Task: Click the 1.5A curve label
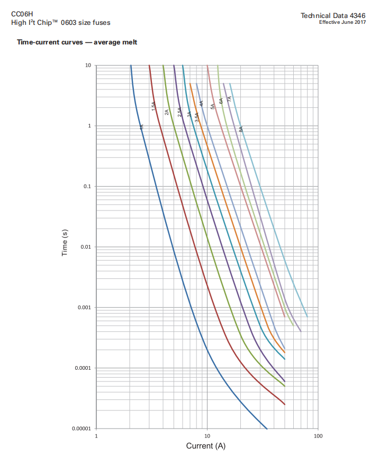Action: point(154,106)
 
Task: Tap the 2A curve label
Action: point(167,112)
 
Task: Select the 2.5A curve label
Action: point(180,112)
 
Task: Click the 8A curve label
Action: point(241,129)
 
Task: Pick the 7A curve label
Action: point(229,99)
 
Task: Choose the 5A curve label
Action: point(213,106)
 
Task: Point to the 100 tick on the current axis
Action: point(318,436)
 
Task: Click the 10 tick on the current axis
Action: point(207,436)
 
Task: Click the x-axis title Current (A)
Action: point(205,446)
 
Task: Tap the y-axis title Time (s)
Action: point(65,247)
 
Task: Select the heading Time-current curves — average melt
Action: point(77,42)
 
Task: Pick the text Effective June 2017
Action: point(342,22)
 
